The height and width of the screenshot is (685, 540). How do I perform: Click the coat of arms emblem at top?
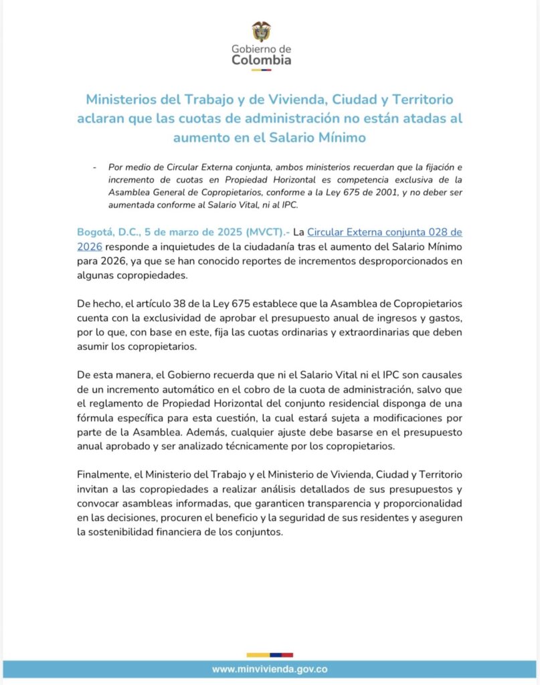point(261,31)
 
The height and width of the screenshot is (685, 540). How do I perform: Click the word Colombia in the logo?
point(261,60)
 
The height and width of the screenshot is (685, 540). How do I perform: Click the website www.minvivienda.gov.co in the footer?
point(270,669)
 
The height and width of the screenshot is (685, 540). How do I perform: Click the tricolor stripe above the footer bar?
point(270,654)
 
